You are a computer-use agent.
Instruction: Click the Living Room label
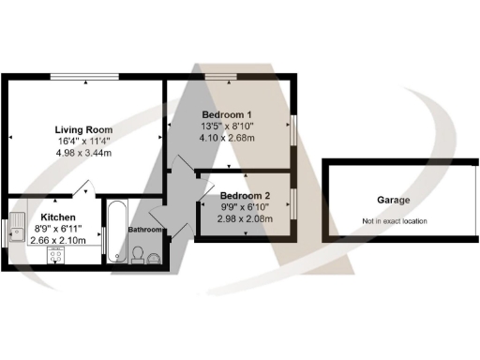tap(83, 129)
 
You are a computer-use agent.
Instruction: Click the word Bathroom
tap(146, 230)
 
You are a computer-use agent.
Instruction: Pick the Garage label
tap(395, 201)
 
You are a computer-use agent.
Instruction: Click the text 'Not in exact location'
tap(394, 221)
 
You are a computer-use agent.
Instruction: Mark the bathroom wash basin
tap(156, 256)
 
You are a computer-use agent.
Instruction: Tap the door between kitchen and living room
tap(83, 189)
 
